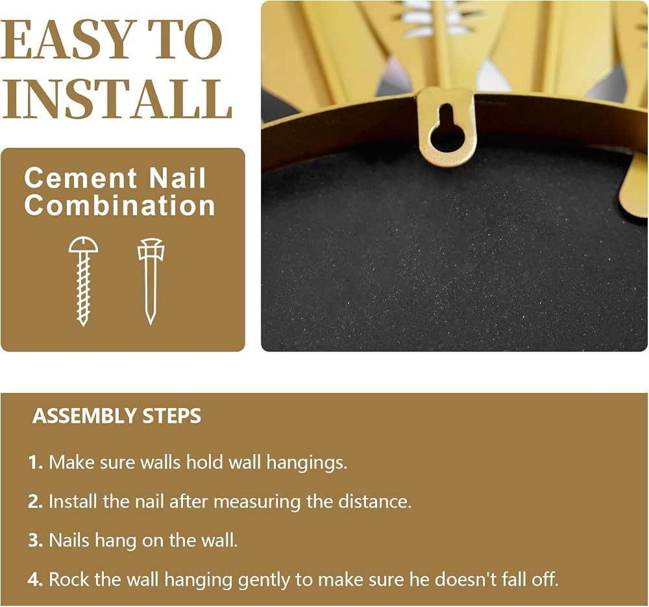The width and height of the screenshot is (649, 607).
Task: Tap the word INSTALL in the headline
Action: point(117,100)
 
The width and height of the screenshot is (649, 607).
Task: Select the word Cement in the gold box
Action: point(80,178)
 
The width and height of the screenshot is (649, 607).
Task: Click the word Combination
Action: point(120,205)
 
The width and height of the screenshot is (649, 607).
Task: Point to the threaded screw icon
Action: point(84,281)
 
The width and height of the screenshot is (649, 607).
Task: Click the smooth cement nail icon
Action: point(151,281)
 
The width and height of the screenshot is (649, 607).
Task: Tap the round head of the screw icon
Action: point(84,244)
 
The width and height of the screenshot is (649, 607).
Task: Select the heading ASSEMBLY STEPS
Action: point(117,416)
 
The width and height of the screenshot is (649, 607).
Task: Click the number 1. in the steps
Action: point(36,462)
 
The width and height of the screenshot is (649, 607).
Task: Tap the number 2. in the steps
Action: point(36,501)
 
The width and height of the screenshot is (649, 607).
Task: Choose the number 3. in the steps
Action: point(36,540)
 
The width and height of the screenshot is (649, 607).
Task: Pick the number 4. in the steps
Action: point(36,580)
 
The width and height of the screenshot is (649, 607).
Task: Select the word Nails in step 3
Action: point(69,540)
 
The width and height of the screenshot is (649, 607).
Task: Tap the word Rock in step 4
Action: point(69,579)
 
